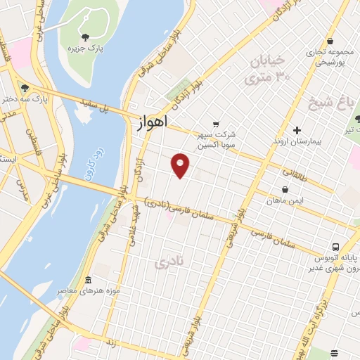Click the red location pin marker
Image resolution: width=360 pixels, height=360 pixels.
[x=181, y=165]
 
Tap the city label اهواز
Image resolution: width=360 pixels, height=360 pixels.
[x=150, y=122]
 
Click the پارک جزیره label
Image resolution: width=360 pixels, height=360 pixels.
[x=82, y=49]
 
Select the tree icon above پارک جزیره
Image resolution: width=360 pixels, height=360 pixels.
[x=85, y=37]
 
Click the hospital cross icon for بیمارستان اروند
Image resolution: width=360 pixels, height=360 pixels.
[x=297, y=129]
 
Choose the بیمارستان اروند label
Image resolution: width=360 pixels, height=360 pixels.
[x=297, y=141]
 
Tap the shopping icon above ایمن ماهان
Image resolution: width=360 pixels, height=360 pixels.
[x=285, y=190]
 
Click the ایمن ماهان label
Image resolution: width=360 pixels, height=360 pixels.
[x=284, y=202]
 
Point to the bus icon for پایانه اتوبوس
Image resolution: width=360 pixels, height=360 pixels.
[x=335, y=247]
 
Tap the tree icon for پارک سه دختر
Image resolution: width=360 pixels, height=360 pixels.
[x=25, y=88]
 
